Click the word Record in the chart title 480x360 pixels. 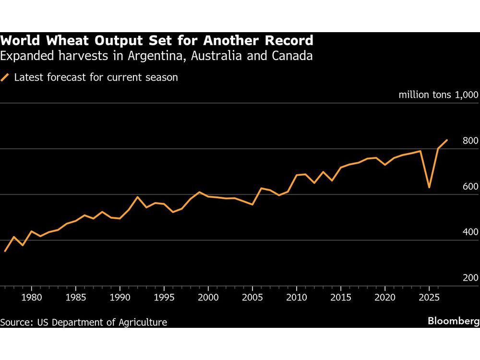pyautogui.click(x=288, y=40)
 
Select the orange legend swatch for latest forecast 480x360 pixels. pyautogui.click(x=5, y=77)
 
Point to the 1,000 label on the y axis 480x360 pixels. pyautogui.click(x=465, y=95)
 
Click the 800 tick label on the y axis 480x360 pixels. pyautogui.click(x=470, y=141)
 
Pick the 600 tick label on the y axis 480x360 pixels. pyautogui.click(x=470, y=187)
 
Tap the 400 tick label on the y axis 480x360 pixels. pyautogui.click(x=470, y=232)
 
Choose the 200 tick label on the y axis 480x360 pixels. pyautogui.click(x=470, y=278)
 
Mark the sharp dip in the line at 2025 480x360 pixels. pyautogui.click(x=429, y=187)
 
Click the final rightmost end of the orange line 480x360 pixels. pyautogui.click(x=447, y=140)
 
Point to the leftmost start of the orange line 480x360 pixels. pyautogui.click(x=5, y=251)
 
